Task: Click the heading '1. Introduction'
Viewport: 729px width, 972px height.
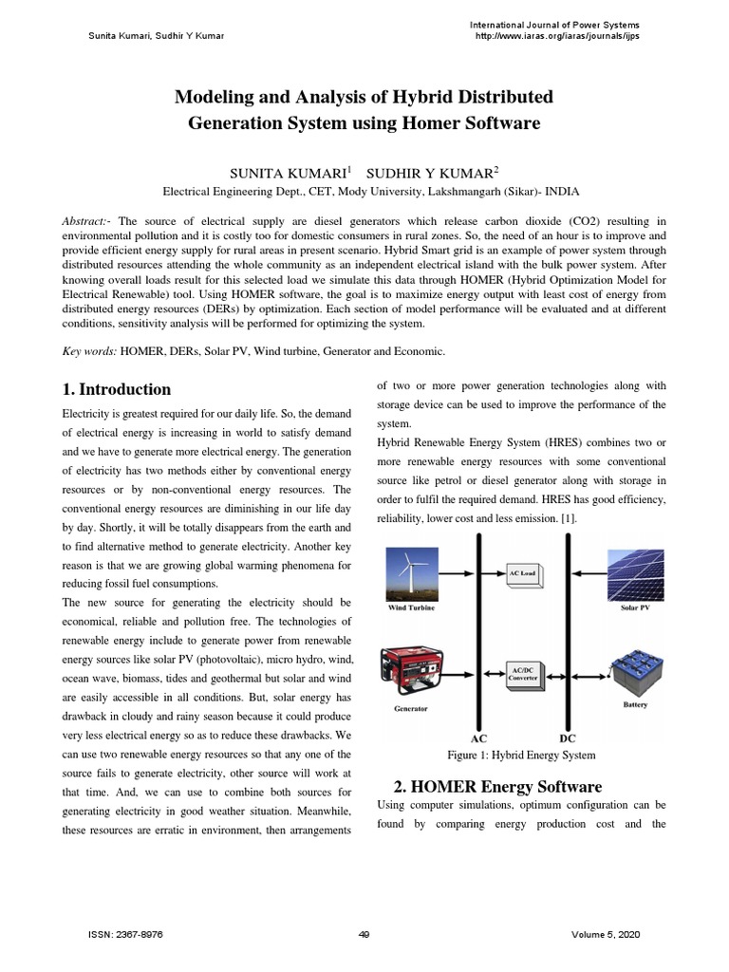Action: click(x=116, y=389)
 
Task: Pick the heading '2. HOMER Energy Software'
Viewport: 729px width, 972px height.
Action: click(x=497, y=787)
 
